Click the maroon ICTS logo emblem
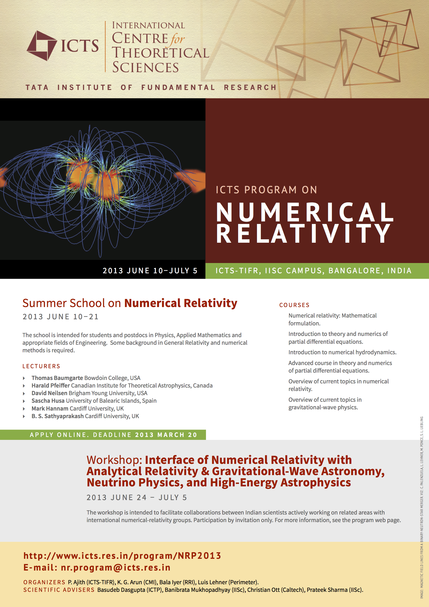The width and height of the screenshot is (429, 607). click(x=42, y=46)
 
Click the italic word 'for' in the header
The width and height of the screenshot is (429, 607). click(x=177, y=39)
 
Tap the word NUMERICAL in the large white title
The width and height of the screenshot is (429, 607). click(x=305, y=212)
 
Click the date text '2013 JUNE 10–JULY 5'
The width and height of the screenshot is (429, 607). click(x=150, y=271)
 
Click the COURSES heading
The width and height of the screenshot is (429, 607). click(x=294, y=305)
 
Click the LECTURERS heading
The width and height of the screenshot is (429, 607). click(x=41, y=366)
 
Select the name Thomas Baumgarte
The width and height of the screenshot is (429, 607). click(x=57, y=378)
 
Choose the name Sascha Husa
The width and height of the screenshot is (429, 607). click(x=48, y=401)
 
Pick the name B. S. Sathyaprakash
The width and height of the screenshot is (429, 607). click(x=58, y=416)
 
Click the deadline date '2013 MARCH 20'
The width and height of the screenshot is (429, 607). click(x=166, y=435)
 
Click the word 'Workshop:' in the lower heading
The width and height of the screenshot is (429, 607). click(x=114, y=460)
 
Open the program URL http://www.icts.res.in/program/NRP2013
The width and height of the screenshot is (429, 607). click(x=122, y=556)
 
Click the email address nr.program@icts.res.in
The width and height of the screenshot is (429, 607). click(x=116, y=567)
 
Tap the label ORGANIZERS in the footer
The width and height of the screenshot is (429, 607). click(x=44, y=582)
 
